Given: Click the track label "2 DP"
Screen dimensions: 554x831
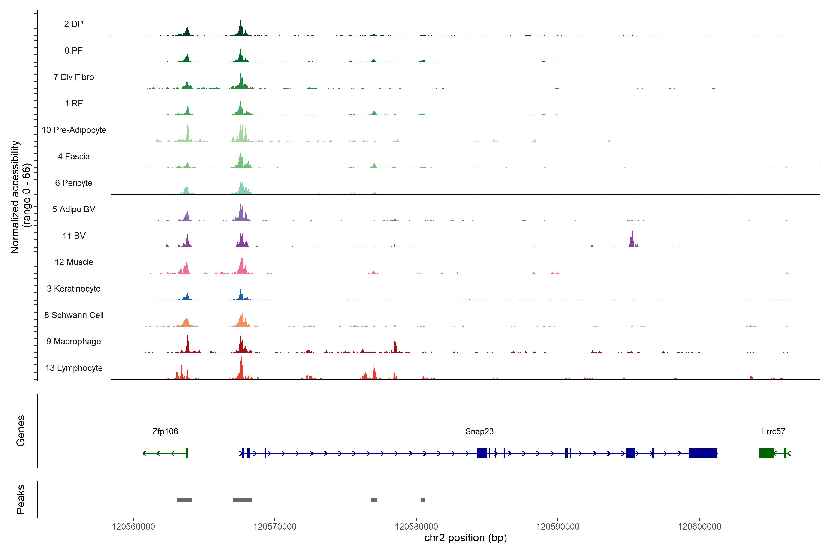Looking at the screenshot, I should coord(73,24).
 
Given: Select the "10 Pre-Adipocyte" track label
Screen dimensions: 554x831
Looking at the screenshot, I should coord(74,130).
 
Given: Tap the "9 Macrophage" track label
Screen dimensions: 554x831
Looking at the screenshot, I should coord(73,342).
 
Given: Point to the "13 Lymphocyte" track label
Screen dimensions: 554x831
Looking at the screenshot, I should coord(74,368).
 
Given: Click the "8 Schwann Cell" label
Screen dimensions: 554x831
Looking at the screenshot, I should coord(74,315).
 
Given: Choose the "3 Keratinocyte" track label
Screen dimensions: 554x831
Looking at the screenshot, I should coord(73,289).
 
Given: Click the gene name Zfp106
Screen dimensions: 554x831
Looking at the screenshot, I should coord(165,431).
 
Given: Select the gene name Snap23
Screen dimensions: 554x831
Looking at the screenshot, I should coord(479,431).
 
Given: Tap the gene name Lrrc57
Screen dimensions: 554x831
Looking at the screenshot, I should coord(774,431).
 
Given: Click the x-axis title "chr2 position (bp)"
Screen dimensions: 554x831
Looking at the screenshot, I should coord(465,538).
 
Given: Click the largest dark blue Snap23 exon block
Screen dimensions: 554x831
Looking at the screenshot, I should coord(703,453).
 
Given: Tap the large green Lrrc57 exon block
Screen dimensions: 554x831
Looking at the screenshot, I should coord(766,453).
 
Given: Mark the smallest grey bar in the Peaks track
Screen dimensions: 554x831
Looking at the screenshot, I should coord(423,500).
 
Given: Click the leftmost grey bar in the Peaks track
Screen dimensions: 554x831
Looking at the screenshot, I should coord(185,500).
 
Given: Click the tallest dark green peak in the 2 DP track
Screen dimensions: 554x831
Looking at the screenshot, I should coord(240,28).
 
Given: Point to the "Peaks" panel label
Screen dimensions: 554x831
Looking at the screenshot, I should coord(21,499).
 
